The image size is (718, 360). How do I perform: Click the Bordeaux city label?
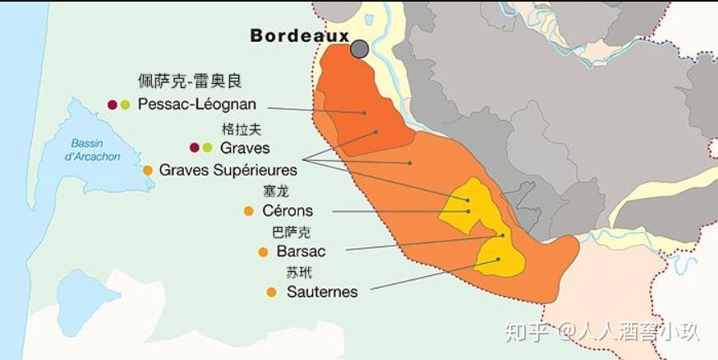click(300, 36)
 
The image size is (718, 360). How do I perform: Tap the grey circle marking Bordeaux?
click(359, 49)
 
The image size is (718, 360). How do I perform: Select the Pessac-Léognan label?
click(197, 104)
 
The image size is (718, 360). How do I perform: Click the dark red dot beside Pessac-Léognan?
click(113, 104)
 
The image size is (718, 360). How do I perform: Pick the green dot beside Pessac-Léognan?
click(125, 104)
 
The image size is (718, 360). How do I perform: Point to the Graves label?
click(245, 148)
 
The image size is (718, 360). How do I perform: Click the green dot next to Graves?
click(207, 148)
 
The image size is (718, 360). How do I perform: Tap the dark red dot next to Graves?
click(195, 148)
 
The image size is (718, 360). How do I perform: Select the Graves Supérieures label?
click(228, 169)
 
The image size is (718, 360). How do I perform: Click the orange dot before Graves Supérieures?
click(148, 170)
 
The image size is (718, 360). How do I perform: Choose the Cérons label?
click(288, 211)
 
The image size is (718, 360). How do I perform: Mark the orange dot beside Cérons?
click(249, 211)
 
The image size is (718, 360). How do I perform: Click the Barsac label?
click(301, 252)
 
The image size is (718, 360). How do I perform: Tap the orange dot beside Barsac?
click(263, 252)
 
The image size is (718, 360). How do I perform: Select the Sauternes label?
click(322, 292)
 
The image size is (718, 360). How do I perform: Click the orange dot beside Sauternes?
click(271, 292)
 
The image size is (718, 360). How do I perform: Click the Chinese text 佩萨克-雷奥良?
click(191, 81)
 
